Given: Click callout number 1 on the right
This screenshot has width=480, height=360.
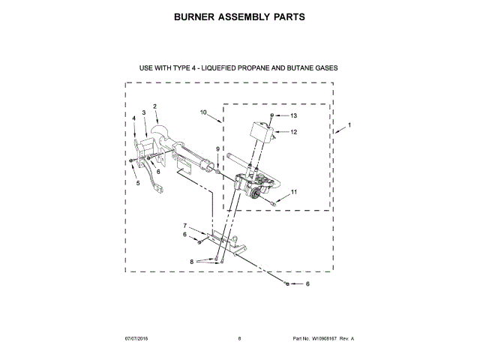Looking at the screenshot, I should point(349,124).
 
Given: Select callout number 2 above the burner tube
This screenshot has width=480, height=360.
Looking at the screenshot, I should point(154,106).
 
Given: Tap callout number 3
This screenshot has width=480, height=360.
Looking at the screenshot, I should point(143,112).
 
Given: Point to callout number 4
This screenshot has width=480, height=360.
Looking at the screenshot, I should point(133,118).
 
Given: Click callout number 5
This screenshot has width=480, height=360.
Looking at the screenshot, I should point(137,182).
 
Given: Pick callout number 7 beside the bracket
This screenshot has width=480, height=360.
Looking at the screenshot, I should point(185,226).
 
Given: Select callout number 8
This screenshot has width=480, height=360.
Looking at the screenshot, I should point(192,261).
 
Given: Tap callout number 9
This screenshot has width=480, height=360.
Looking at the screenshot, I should point(218,149).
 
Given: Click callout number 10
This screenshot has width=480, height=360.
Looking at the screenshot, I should point(203,112).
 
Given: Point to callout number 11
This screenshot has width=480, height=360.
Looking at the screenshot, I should point(294,192).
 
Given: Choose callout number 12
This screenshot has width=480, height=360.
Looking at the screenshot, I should point(294,132).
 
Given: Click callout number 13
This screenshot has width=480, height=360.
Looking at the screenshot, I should point(294,116).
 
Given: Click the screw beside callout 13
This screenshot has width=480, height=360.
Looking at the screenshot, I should point(272,116).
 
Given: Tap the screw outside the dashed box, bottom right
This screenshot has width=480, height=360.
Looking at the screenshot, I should point(288,283).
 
